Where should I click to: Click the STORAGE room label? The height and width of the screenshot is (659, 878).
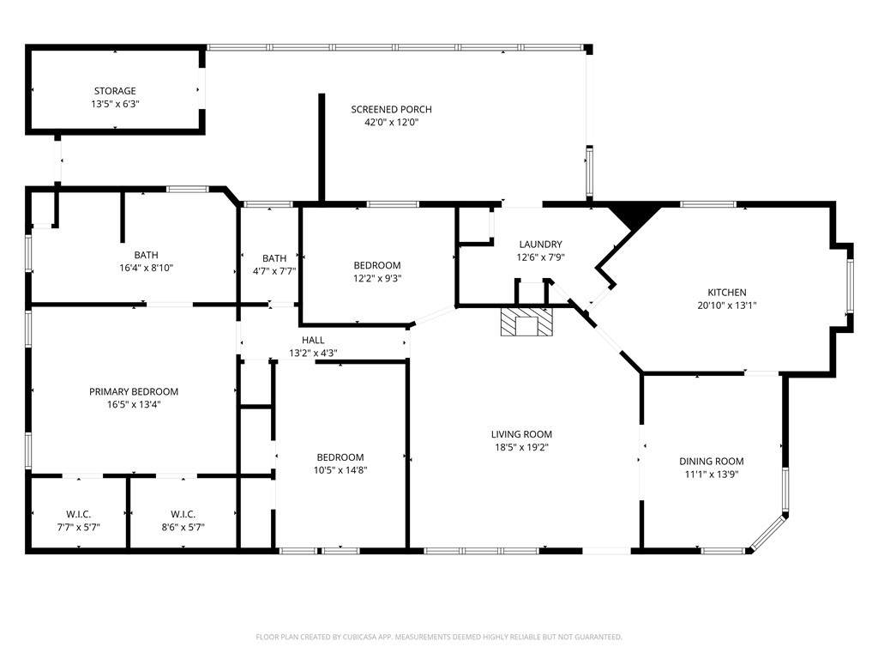[115, 91]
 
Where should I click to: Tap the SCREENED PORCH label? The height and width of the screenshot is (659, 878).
[391, 109]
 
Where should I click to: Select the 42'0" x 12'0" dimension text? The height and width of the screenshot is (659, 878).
[391, 122]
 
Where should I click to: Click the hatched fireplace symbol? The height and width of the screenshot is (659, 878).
[526, 321]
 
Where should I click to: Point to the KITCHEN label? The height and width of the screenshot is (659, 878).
[727, 292]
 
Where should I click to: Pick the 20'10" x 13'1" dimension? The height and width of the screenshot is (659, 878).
[727, 305]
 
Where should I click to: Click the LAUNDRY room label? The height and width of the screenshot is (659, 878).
[540, 245]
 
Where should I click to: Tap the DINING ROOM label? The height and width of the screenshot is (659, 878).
[711, 461]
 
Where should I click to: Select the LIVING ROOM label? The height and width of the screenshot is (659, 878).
[521, 434]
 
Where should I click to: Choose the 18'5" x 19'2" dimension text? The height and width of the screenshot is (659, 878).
[521, 447]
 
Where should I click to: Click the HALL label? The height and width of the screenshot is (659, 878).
[313, 340]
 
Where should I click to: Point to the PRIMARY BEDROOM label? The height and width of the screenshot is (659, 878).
[134, 391]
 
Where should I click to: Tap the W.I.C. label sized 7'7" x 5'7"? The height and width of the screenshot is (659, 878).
[78, 515]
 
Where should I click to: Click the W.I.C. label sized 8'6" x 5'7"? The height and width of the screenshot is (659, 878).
[183, 515]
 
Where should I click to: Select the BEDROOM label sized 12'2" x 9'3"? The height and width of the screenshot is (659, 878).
[377, 265]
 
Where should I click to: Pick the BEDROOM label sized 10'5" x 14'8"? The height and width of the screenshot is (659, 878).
[340, 457]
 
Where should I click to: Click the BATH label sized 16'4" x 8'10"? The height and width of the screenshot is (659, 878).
[146, 255]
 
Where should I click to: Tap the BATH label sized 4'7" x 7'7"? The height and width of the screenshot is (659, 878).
[274, 258]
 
